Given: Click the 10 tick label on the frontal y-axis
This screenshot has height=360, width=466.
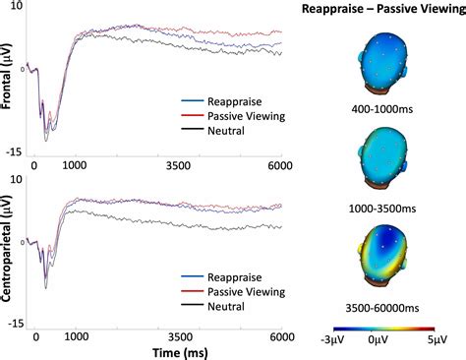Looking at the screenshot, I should point(12,7).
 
